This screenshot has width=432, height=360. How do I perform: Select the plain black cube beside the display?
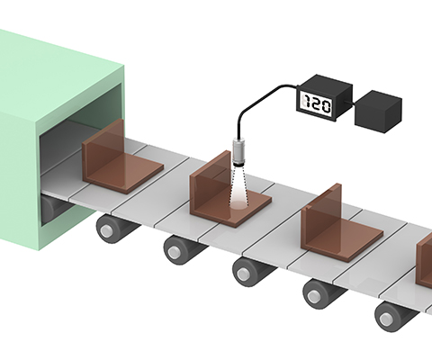pos(378,112)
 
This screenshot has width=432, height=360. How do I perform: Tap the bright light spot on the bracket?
pos(239,204)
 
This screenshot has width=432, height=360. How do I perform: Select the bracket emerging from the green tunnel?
pos(122,157)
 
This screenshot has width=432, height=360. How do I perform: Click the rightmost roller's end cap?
pos(385,319)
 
